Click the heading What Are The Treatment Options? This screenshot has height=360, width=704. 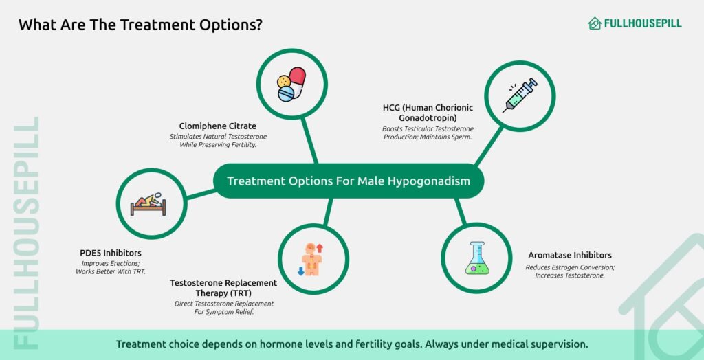pyautogui.click(x=140, y=25)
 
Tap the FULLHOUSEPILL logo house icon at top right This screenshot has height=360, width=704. pyautogui.click(x=595, y=23)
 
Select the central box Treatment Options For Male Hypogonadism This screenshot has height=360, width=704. pyautogui.click(x=349, y=181)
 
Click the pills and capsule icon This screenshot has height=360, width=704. pyautogui.click(x=291, y=84)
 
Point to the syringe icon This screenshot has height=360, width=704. pyautogui.click(x=520, y=95)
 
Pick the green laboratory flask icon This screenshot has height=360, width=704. pyautogui.click(x=477, y=258)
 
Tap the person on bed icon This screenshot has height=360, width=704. pyautogui.click(x=148, y=204)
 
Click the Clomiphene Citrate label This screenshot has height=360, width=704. pyautogui.click(x=218, y=126)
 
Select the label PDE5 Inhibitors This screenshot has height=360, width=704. pyautogui.click(x=111, y=253)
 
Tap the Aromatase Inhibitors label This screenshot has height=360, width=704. pyautogui.click(x=570, y=255)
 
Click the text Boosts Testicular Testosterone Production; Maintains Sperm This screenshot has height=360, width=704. pyautogui.click(x=428, y=133)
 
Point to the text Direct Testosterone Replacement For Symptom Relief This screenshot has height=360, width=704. pyautogui.click(x=224, y=308)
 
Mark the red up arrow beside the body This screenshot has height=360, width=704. pyautogui.click(x=320, y=248)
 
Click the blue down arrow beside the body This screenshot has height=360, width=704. pyautogui.click(x=301, y=271)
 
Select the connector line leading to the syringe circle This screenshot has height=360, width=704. pyautogui.click(x=489, y=146)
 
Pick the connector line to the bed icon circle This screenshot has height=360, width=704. pyautogui.click(x=201, y=194)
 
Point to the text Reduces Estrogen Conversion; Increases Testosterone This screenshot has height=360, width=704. pyautogui.click(x=570, y=271)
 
